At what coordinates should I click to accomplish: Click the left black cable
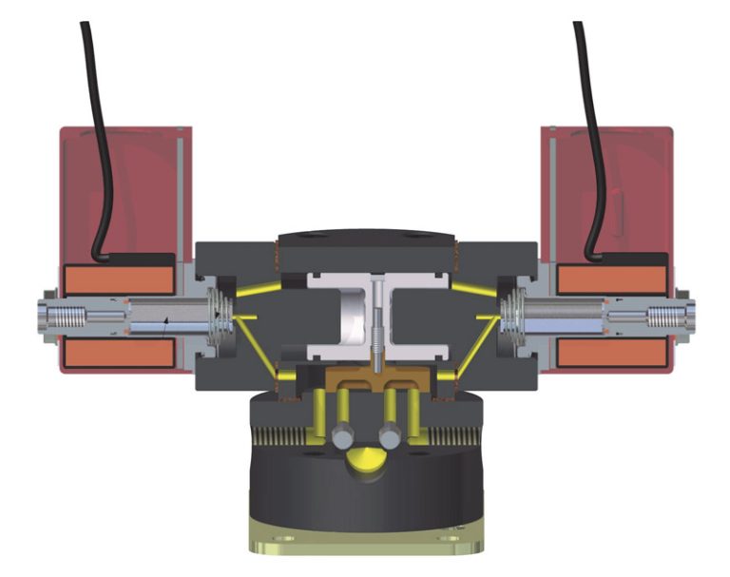pos(95,143)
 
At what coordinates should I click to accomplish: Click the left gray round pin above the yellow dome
pos(342,437)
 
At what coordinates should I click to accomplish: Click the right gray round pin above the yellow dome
pos(389,437)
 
